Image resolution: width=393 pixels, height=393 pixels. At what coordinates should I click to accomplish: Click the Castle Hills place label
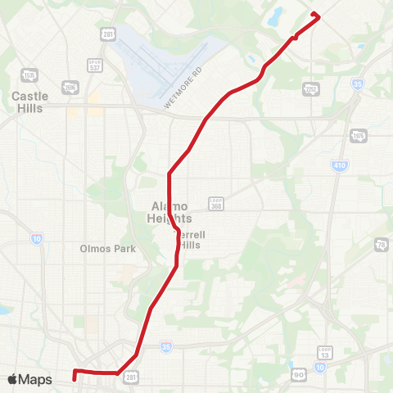click(30, 101)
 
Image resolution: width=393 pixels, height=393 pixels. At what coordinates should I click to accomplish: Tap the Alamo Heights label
click(171, 212)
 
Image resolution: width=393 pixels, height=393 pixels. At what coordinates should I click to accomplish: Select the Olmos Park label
click(101, 248)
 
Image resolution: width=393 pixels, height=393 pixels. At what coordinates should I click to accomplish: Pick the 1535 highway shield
click(30, 75)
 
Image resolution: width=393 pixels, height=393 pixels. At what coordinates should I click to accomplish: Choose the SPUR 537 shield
click(95, 65)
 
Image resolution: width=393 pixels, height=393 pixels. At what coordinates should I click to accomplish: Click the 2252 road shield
click(310, 88)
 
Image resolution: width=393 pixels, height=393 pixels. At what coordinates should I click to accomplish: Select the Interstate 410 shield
click(339, 165)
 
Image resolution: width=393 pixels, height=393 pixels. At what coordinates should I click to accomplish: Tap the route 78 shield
click(382, 245)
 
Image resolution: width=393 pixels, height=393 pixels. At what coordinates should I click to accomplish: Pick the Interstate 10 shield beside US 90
click(319, 366)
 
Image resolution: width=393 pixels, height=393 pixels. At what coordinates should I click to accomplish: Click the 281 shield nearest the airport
click(108, 33)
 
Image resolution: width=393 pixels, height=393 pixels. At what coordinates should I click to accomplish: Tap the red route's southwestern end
click(75, 378)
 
